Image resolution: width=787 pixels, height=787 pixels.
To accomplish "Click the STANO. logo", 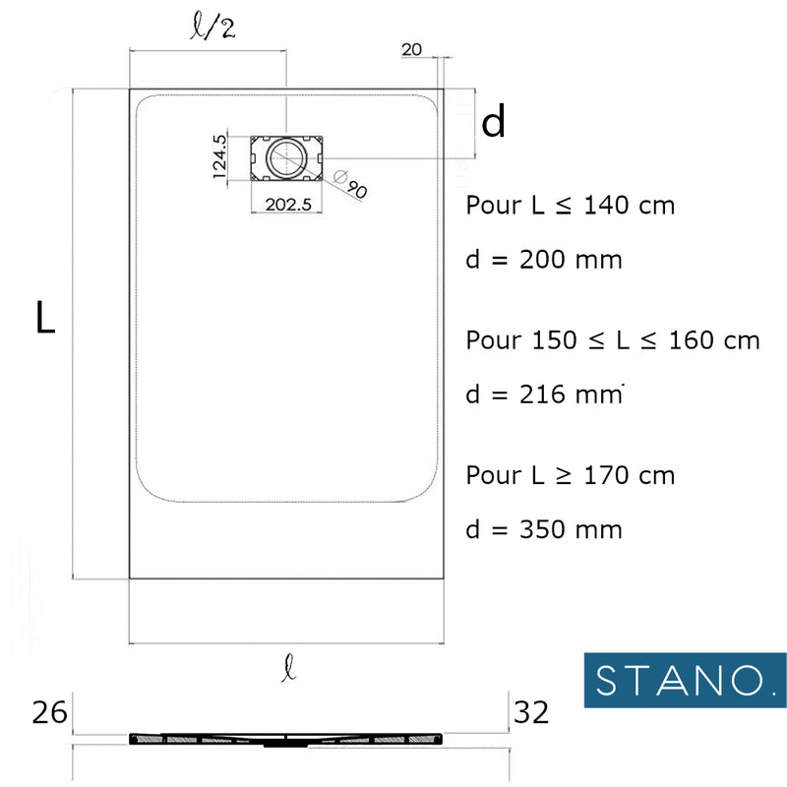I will point(679,680).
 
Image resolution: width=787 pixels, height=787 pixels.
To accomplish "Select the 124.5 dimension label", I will point(219,155).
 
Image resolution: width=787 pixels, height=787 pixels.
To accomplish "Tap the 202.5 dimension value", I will point(287,205).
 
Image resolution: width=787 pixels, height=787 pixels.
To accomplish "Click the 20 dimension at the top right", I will point(412,50).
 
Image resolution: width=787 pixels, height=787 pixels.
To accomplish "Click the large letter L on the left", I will point(45,319).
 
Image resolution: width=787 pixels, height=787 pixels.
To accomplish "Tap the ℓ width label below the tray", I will point(287,671).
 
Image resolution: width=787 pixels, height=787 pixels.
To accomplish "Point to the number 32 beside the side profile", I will point(531,711).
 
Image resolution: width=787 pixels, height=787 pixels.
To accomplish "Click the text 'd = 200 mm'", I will point(543,261).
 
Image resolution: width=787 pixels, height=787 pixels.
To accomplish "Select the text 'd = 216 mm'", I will point(543,394).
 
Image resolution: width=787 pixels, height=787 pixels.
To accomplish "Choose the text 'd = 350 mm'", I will point(543,529).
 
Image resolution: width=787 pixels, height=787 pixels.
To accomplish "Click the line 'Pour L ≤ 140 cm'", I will point(570,206).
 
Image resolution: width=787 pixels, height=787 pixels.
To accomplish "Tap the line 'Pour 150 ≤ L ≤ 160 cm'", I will point(612,340).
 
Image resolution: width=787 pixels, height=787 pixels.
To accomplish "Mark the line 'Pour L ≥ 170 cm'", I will point(570,475).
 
